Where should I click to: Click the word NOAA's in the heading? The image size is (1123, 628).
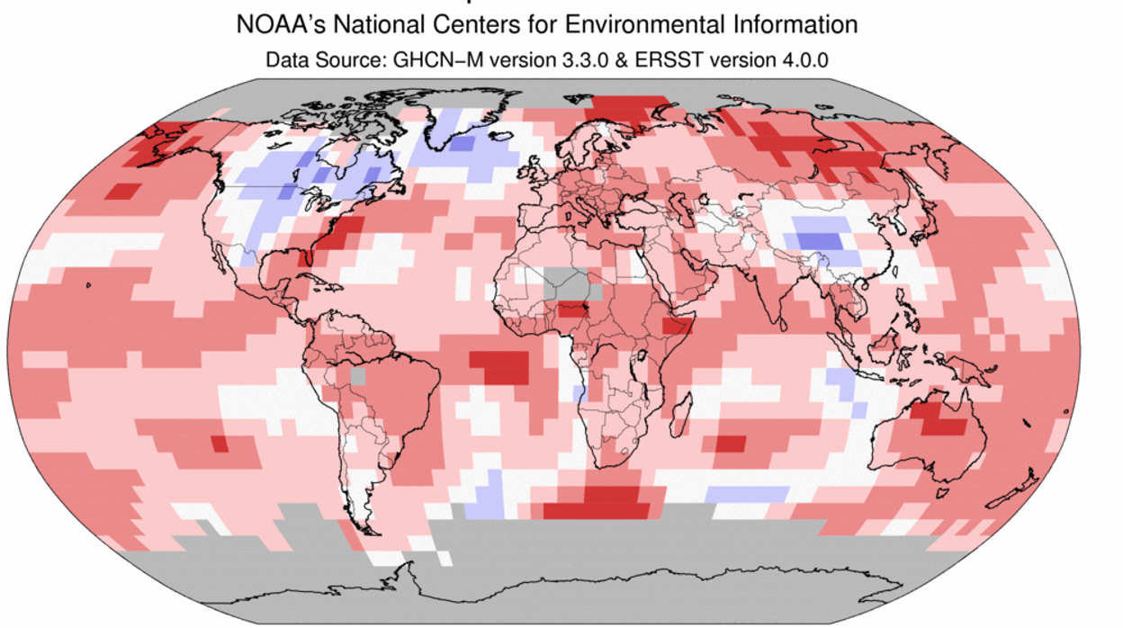[275, 24]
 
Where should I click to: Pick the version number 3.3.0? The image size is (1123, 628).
[553, 60]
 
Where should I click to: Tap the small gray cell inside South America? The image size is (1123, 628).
[358, 377]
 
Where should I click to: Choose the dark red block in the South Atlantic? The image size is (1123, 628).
[500, 365]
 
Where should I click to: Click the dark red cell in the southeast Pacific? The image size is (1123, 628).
[219, 444]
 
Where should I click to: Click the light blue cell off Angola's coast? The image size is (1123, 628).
[579, 393]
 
